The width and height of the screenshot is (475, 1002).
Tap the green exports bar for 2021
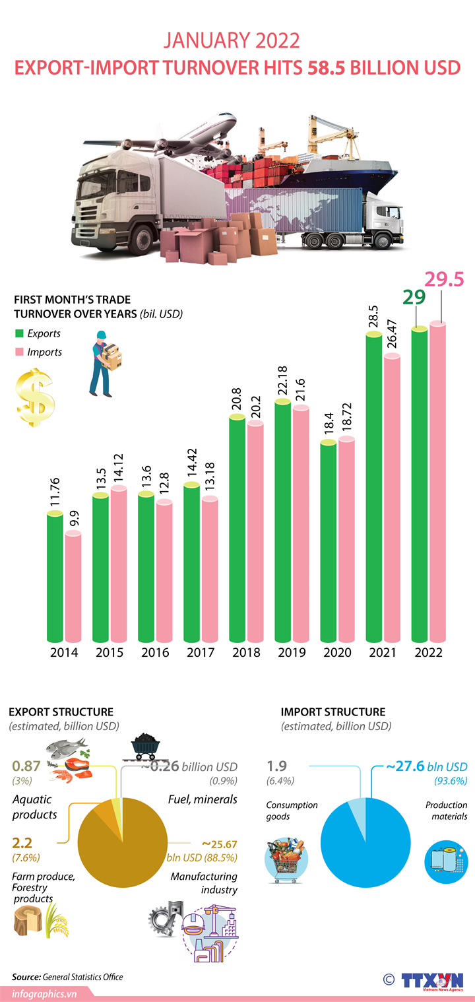coord(374,488)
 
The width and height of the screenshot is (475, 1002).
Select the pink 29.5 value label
coord(444,279)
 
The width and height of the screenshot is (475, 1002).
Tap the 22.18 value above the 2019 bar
coord(283,378)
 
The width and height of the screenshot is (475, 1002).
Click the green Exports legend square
coord(19,333)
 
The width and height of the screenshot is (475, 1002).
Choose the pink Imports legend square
coord(19,352)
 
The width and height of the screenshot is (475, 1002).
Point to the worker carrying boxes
coord(106,362)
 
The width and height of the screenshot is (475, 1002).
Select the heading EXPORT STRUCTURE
coord(61,712)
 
